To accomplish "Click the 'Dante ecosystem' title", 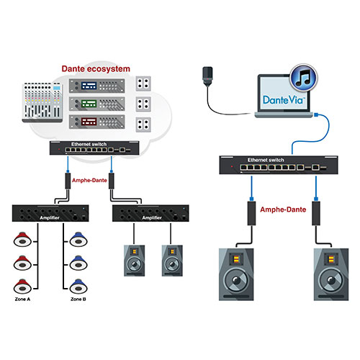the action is (x=96, y=69).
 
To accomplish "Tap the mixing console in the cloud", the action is (x=42, y=102).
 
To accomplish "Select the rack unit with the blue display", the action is (x=97, y=86).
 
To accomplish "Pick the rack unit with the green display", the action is (x=97, y=104).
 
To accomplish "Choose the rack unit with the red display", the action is (x=97, y=122).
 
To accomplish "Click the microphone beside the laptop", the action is (x=207, y=77).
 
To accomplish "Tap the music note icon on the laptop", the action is (x=304, y=78).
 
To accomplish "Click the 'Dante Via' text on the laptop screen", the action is (x=284, y=100).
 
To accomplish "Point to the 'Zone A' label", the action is (x=22, y=299).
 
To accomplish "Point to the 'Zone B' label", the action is (x=78, y=299).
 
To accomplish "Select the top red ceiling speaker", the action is (x=22, y=239).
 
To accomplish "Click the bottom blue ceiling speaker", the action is (x=78, y=286).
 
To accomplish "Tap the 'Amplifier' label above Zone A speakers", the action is (x=50, y=217).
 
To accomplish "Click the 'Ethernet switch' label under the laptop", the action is (x=266, y=160).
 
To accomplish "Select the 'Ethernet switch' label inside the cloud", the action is (x=89, y=144).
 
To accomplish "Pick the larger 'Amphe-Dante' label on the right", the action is (x=283, y=210).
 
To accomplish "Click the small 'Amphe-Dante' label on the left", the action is (x=89, y=180).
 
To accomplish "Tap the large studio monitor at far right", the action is (x=331, y=274).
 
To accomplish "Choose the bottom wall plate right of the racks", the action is (x=143, y=125).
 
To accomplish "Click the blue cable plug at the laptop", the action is (x=317, y=114).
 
